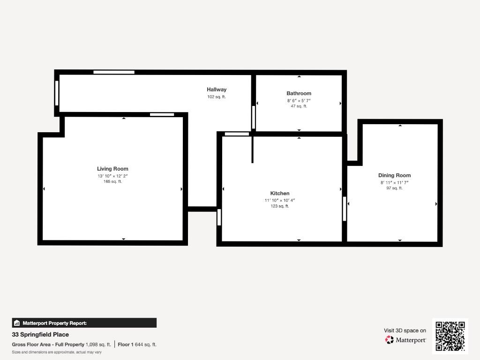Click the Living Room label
pyautogui.click(x=112, y=169)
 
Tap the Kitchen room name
pyautogui.click(x=280, y=193)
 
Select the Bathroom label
pyautogui.click(x=299, y=93)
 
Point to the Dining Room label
pyautogui.click(x=394, y=175)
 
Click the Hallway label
pyautogui.click(x=217, y=90)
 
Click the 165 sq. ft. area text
pyautogui.click(x=112, y=181)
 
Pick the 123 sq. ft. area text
pyautogui.click(x=280, y=206)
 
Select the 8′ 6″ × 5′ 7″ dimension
pyautogui.click(x=299, y=100)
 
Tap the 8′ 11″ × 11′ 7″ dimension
pyautogui.click(x=394, y=182)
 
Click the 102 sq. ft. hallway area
pyautogui.click(x=217, y=97)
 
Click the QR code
pyautogui.click(x=450, y=336)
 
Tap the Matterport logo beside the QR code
pyautogui.click(x=405, y=340)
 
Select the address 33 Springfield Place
pyautogui.click(x=40, y=335)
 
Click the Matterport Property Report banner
pyautogui.click(x=84, y=323)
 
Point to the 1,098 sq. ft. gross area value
pyautogui.click(x=98, y=345)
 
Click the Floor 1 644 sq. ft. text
pyautogui.click(x=137, y=345)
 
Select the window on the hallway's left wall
pyautogui.click(x=57, y=93)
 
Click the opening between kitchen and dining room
pyautogui.click(x=345, y=209)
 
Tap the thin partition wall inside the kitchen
pyautogui.click(x=253, y=150)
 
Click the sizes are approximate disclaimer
pyautogui.click(x=57, y=352)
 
